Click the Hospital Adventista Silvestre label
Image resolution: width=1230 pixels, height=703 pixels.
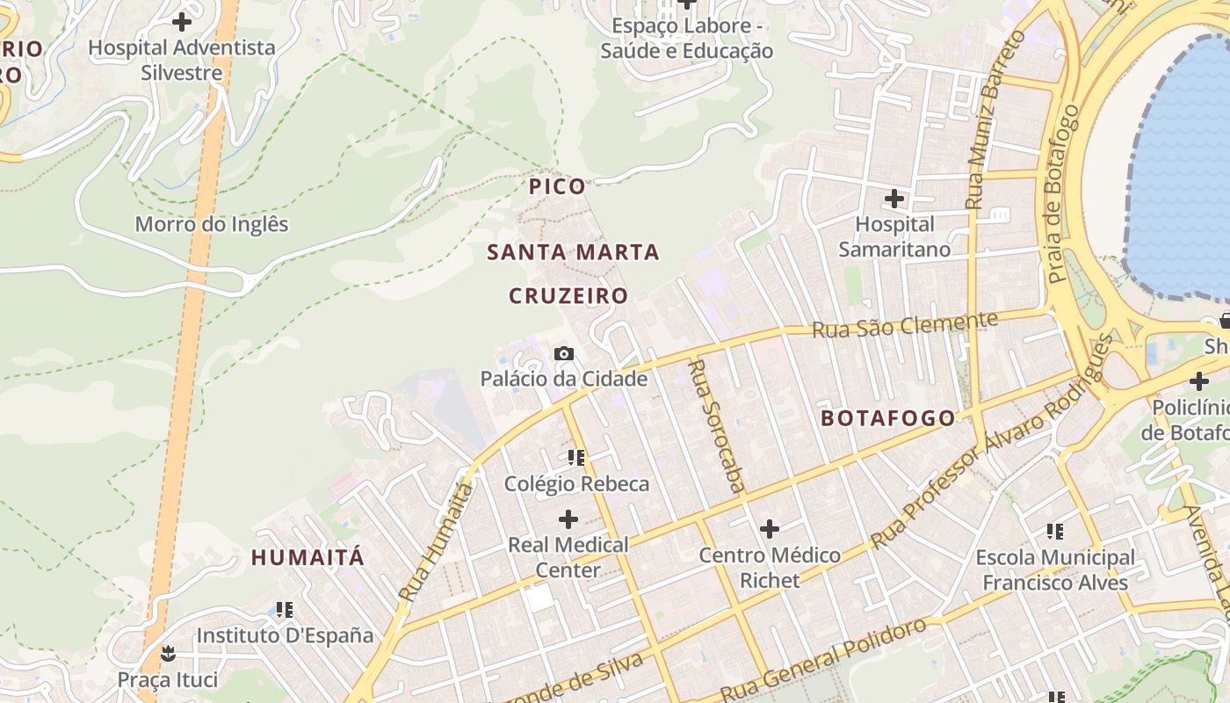[182, 60]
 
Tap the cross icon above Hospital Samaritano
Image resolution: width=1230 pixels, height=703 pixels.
[894, 199]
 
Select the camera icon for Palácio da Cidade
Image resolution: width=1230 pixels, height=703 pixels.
[564, 353]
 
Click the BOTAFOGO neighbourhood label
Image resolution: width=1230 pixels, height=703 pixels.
[887, 418]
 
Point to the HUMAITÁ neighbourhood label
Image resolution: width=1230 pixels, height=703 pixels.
[307, 557]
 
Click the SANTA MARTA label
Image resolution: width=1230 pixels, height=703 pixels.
[573, 252]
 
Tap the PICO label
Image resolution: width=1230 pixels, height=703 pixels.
[557, 186]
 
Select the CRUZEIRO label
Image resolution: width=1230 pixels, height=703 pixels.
[568, 296]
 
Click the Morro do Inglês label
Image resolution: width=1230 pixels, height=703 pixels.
[212, 224]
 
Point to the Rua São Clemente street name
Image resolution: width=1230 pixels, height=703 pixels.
[905, 325]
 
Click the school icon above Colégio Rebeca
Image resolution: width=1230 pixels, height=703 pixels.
[576, 457]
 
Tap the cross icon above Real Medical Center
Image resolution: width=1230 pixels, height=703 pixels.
[568, 518]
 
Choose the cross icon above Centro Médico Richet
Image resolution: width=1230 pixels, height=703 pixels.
[770, 528]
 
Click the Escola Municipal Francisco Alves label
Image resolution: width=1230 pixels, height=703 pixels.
[1055, 570]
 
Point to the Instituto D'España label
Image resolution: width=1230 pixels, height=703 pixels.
[285, 635]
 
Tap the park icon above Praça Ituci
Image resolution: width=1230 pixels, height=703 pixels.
[167, 653]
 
